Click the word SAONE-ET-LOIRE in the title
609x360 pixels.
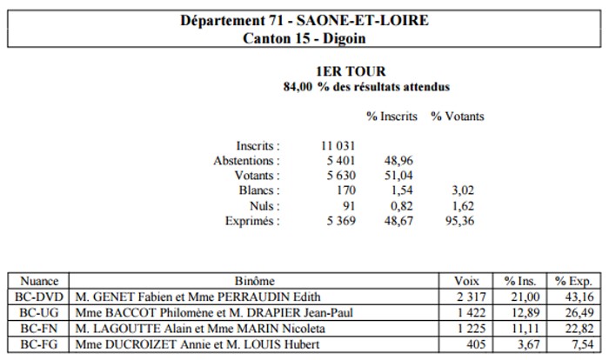tap(363, 20)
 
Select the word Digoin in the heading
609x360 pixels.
tap(345, 38)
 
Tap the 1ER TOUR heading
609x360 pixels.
tap(351, 71)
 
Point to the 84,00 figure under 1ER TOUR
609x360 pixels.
tap(298, 87)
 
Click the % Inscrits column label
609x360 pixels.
tap(391, 117)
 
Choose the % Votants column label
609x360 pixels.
tap(457, 117)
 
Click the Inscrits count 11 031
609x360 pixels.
tap(338, 145)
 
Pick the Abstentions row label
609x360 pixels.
tap(246, 160)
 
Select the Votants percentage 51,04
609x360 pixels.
tap(398, 176)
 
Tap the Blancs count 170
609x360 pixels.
tap(345, 190)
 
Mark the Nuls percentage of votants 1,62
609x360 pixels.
tap(463, 206)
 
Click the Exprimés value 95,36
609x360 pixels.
tap(460, 221)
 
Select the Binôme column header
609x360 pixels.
tap(254, 281)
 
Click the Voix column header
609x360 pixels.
tap(466, 281)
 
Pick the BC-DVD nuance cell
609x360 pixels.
tap(39, 297)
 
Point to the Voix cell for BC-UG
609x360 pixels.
tap(472, 313)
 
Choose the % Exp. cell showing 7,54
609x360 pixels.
tap(583, 344)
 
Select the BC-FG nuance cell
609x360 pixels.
tap(38, 344)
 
